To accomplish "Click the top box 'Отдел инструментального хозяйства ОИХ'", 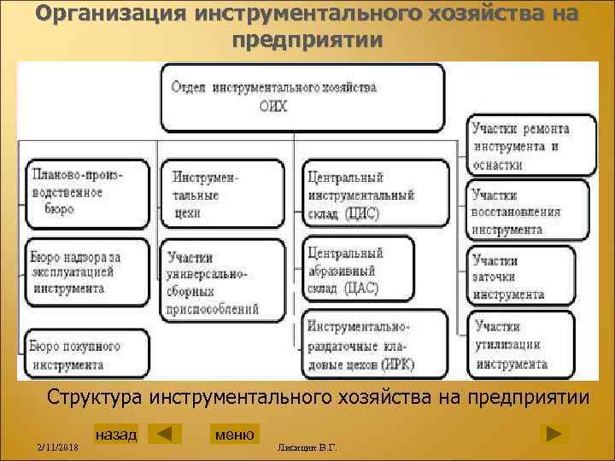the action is tap(303, 96).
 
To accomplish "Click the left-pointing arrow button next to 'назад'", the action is tap(165, 434).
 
